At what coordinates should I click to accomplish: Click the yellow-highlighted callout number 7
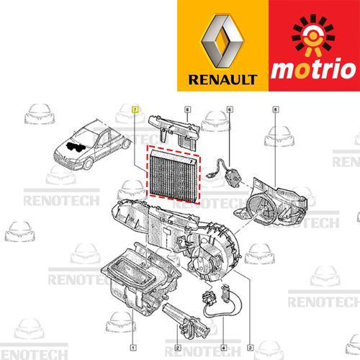click(x=135, y=109)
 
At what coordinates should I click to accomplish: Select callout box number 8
click(x=187, y=109)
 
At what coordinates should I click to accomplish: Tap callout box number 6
click(x=230, y=109)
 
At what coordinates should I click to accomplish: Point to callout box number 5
click(x=276, y=109)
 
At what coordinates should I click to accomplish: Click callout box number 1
click(x=133, y=348)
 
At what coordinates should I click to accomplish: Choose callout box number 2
click(x=177, y=348)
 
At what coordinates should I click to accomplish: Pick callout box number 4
click(x=224, y=348)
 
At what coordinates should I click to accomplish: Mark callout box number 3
click(x=251, y=348)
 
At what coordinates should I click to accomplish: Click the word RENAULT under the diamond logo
click(x=222, y=80)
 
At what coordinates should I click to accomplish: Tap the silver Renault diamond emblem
click(x=222, y=41)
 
